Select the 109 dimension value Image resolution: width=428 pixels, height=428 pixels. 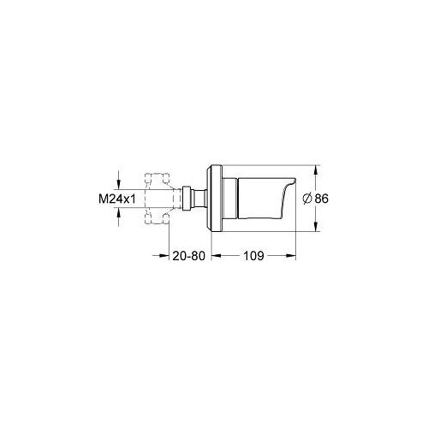tap(254, 255)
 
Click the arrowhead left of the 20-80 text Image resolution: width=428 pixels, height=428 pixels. tap(160, 255)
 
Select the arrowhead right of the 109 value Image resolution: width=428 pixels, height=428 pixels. tap(294, 255)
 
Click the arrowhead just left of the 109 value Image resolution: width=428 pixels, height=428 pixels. tap(216, 255)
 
